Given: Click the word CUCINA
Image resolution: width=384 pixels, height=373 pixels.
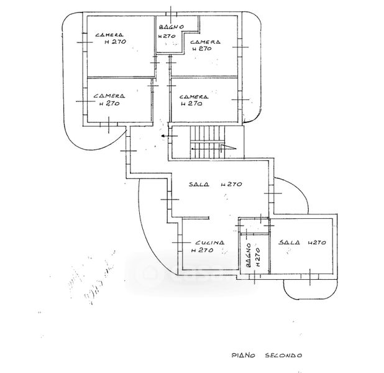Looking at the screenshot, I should coord(208,243).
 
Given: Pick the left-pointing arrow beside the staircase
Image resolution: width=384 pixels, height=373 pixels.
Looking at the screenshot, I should coord(165,136).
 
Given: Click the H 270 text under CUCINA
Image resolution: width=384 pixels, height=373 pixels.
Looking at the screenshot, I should coord(202,251).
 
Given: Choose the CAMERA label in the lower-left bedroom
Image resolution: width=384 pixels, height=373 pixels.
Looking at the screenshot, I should coord(109,96).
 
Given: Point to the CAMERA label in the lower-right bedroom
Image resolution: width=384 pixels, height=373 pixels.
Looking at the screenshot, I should coord(193,96).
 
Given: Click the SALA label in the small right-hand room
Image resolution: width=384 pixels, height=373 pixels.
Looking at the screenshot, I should coord(289,242).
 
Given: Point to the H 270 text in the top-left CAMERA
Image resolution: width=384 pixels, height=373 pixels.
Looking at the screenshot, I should coord(116,42).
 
